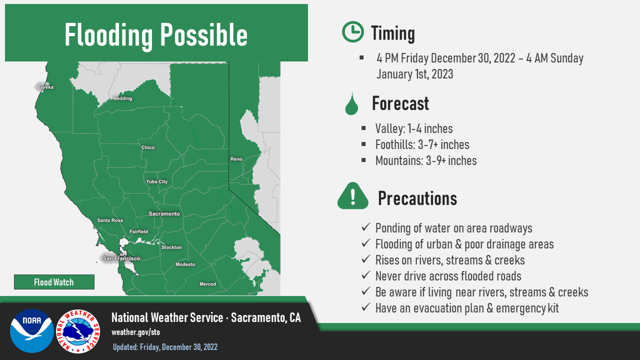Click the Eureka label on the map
point(45,87)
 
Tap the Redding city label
point(122,98)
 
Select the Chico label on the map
point(148,147)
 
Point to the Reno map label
point(236,159)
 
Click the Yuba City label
point(156,181)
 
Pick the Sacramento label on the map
point(164,213)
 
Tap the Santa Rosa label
point(110,220)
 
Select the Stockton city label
point(171,247)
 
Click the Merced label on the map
point(208,284)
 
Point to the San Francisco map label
point(121,258)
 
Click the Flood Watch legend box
point(54,282)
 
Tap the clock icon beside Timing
point(352,32)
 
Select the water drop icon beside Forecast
point(352,103)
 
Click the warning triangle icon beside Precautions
point(352,196)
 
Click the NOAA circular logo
point(32,330)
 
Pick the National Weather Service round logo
point(77,330)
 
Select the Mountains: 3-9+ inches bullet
point(425,160)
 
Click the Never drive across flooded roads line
point(448,276)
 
